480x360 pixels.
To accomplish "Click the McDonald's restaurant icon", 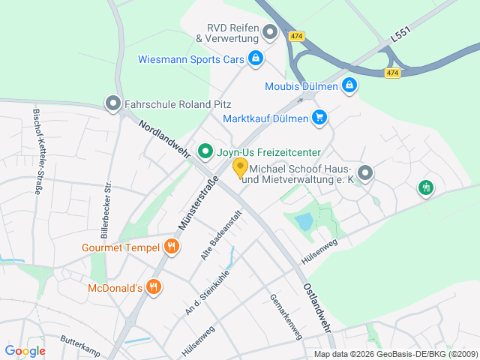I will click(x=154, y=286).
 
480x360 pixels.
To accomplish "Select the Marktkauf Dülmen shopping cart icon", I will click(x=319, y=118).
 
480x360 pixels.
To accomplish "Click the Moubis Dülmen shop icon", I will click(x=348, y=86).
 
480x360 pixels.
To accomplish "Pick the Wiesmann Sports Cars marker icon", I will click(x=256, y=58).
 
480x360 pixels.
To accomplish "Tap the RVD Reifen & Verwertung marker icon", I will click(x=270, y=31).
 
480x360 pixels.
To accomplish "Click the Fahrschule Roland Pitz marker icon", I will click(x=113, y=104).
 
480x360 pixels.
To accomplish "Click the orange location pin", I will click(x=241, y=168).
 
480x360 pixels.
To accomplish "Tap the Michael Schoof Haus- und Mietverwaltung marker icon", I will click(x=364, y=173).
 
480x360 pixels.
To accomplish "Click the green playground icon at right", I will click(x=426, y=187).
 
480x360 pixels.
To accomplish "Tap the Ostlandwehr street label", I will click(x=318, y=307).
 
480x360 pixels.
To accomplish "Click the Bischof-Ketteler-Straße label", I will click(x=38, y=152).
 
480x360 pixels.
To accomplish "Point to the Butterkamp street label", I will click(x=80, y=344).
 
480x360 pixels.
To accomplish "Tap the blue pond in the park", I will click(x=304, y=221).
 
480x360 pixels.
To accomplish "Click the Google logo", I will click(x=25, y=350).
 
